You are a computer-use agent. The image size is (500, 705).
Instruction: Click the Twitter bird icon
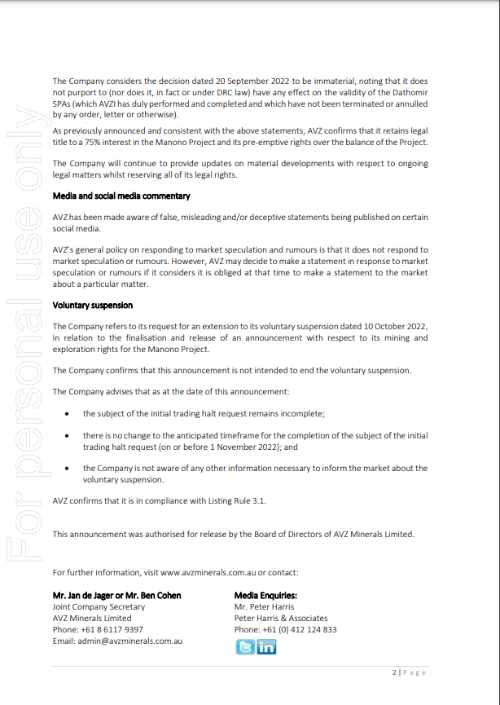pyautogui.click(x=244, y=647)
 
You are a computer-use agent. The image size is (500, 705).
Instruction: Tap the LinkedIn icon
pyautogui.click(x=266, y=647)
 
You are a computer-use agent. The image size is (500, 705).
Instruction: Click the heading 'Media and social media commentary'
pyautogui.click(x=121, y=196)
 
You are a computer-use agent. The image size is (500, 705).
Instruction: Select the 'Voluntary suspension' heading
pyautogui.click(x=92, y=306)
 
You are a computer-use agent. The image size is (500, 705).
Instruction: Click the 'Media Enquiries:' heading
pyautogui.click(x=265, y=596)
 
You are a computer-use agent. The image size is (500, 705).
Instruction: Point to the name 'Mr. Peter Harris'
pyautogui.click(x=264, y=607)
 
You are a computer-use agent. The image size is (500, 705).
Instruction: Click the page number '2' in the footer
pyautogui.click(x=394, y=672)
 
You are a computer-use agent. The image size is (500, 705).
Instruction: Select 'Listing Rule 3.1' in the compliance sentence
pyautogui.click(x=235, y=500)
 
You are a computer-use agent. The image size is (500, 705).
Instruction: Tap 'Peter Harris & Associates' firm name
pyautogui.click(x=281, y=619)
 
